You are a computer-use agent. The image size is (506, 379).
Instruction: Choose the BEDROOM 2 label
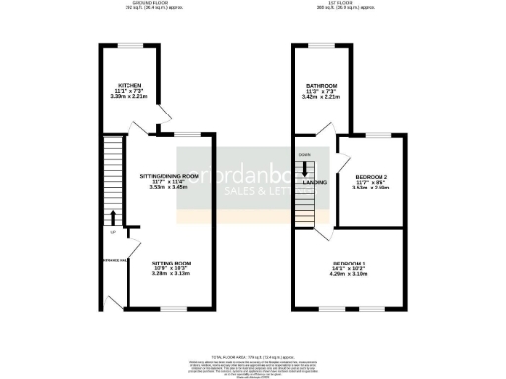point(372,177)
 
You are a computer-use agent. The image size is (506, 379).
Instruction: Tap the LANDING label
point(316,182)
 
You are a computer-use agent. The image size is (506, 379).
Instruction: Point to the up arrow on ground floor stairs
point(113,218)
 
